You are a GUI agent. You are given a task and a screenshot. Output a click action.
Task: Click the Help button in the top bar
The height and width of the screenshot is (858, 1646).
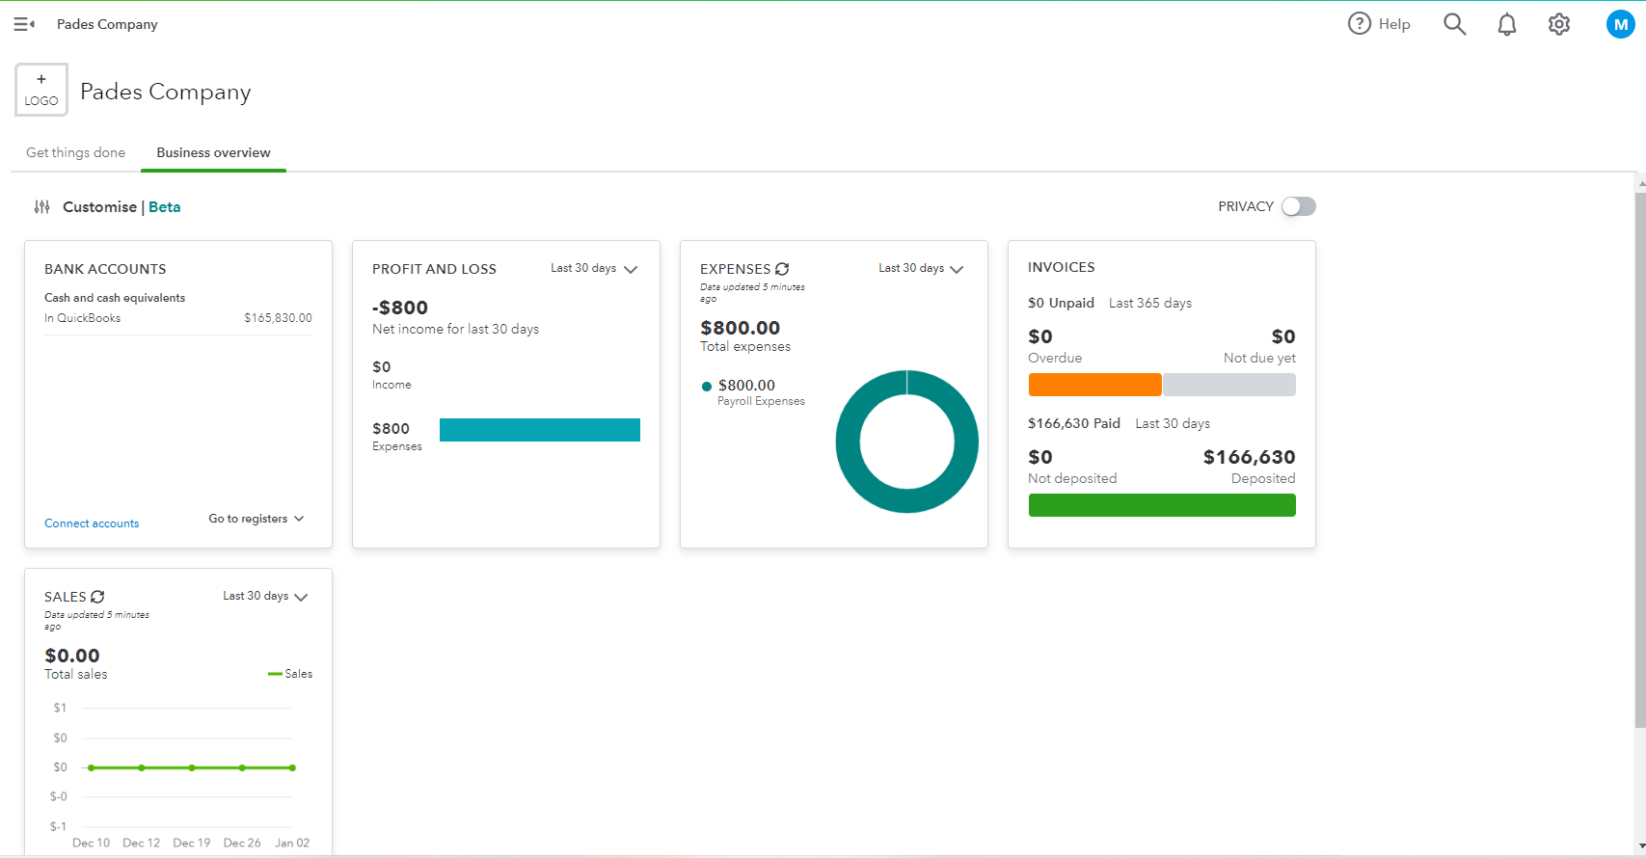point(1379,24)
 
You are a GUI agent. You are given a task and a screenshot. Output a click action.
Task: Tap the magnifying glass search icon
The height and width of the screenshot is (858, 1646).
point(1454,24)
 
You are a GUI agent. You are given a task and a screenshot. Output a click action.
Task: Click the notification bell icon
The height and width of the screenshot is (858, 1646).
point(1506,24)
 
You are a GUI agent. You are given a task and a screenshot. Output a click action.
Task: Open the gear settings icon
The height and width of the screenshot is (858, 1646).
point(1559,24)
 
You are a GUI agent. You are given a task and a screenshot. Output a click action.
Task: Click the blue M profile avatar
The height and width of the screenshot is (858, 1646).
point(1620,24)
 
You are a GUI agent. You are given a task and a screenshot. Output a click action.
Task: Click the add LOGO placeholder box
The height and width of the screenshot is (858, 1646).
point(41,90)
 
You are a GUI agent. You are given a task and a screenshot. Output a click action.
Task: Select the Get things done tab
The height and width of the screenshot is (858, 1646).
point(75,152)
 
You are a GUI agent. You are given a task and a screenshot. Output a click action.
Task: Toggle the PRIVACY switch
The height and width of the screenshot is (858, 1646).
point(1298,206)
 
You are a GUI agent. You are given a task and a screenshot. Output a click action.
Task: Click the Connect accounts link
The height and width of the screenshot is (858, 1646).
point(92,523)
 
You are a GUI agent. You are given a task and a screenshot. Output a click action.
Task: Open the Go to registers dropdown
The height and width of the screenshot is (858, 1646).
point(256,519)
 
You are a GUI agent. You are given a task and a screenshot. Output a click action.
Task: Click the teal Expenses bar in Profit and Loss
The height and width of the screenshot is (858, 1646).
point(539,430)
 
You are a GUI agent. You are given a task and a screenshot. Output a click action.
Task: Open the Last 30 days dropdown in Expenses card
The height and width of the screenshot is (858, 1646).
point(921,268)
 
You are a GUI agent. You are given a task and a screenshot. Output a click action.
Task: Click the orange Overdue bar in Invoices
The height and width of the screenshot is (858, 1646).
point(1094,385)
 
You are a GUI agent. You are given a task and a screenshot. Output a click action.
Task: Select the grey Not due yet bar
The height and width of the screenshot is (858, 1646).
point(1229,385)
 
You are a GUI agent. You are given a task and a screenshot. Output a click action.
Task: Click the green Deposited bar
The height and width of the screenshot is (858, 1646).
point(1162,505)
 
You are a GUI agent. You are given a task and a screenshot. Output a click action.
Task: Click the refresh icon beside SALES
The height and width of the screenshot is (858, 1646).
point(97,597)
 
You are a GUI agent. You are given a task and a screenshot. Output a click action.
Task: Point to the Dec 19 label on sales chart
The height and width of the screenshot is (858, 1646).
point(191,843)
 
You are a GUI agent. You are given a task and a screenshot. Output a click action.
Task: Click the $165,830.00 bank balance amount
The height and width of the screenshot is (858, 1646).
point(278,318)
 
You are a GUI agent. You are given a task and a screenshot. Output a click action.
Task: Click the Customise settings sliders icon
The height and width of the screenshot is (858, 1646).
point(42,206)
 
